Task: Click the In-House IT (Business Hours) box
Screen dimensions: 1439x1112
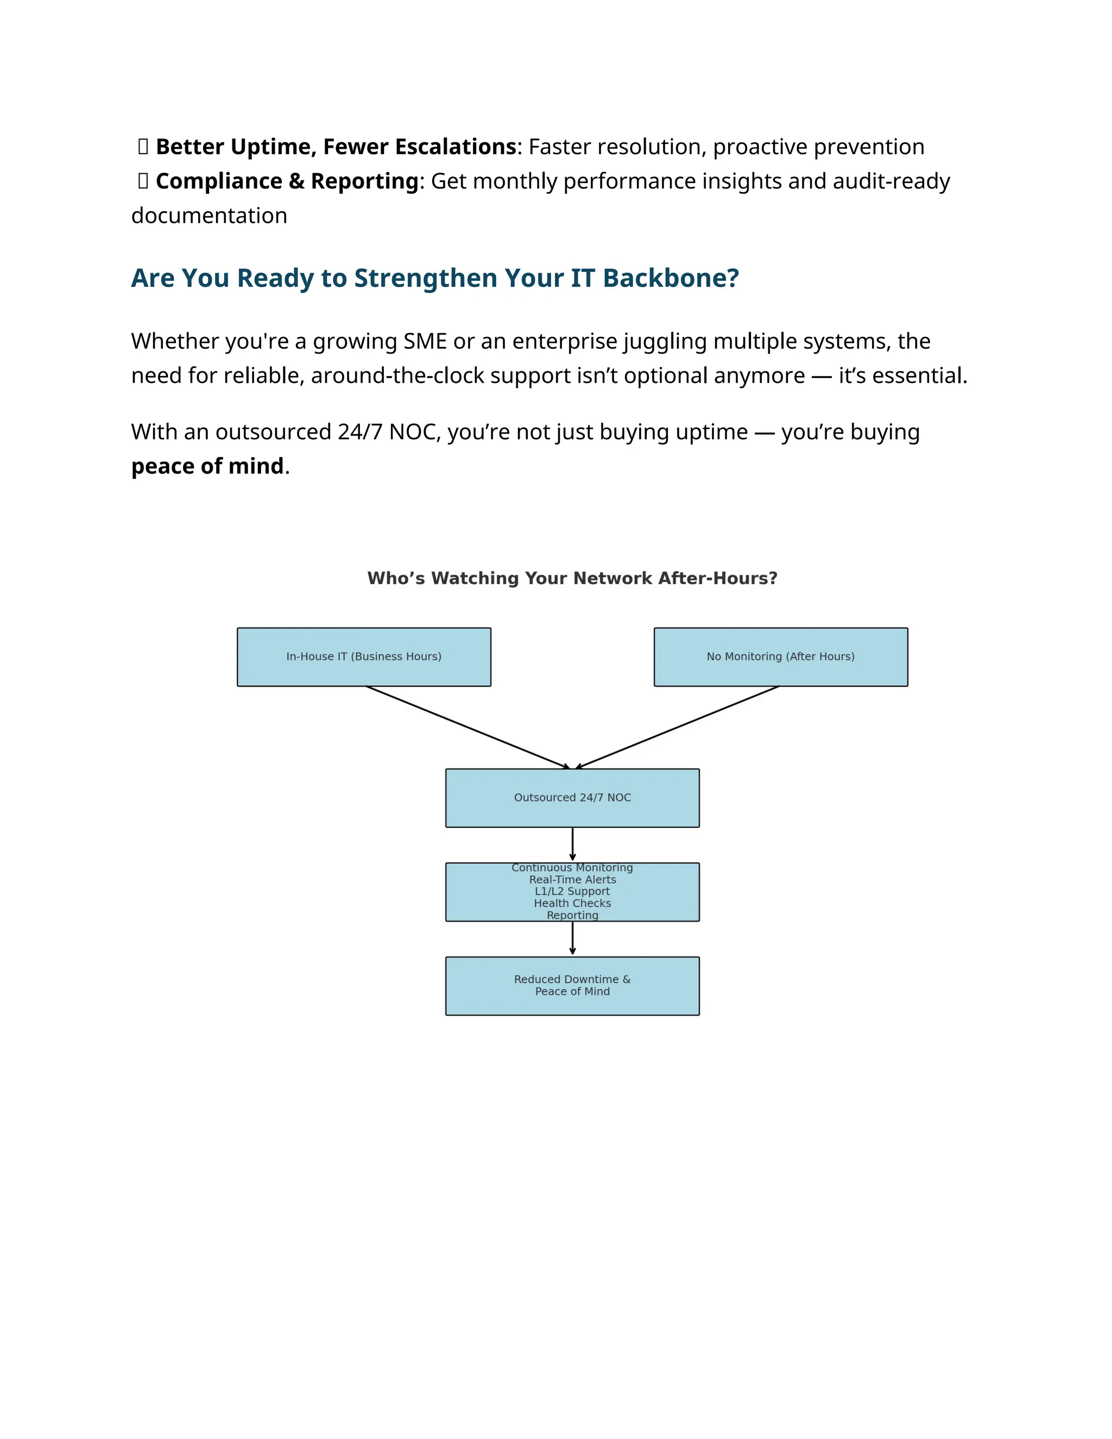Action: coord(364,657)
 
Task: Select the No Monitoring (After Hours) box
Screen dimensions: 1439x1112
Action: coord(781,657)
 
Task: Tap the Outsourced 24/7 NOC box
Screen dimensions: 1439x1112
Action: coord(572,798)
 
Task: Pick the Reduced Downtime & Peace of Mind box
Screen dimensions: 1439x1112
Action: coord(572,986)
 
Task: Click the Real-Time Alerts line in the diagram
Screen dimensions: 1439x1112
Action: coord(572,880)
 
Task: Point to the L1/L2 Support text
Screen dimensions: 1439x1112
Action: coord(572,892)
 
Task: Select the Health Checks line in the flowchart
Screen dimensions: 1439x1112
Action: coord(572,904)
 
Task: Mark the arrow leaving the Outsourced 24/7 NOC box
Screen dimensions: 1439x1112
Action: coord(572,844)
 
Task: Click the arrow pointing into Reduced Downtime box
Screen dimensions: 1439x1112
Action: coord(572,938)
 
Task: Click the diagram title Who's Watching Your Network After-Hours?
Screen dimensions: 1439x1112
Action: coord(572,578)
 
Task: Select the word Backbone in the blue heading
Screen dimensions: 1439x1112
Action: coord(671,279)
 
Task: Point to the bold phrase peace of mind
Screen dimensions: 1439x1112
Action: coord(207,466)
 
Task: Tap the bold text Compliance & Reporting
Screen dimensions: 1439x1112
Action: coord(287,181)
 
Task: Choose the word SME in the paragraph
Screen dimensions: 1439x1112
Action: coord(425,342)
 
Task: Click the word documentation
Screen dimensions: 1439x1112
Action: coord(209,216)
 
